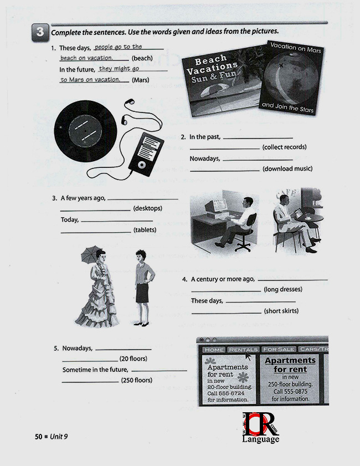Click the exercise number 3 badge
click(x=39, y=32)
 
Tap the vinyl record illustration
click(x=86, y=131)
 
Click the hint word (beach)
click(x=142, y=58)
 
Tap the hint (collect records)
click(x=285, y=147)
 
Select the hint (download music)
click(x=287, y=168)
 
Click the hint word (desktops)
click(x=147, y=208)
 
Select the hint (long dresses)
click(x=283, y=289)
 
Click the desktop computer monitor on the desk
click(x=216, y=206)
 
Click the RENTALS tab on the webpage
click(x=243, y=350)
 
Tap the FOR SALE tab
click(x=279, y=350)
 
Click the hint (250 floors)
click(x=137, y=380)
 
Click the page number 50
click(x=39, y=437)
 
